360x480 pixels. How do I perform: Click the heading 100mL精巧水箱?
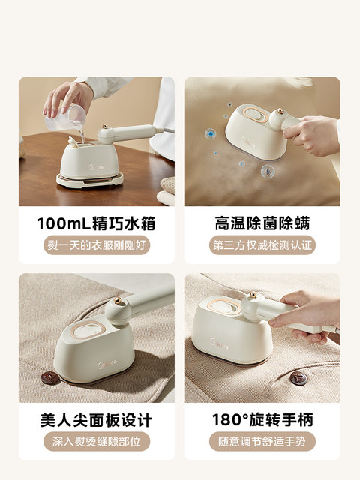(96, 223)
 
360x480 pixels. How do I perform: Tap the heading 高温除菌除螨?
(262, 223)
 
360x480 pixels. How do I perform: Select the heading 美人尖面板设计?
(97, 420)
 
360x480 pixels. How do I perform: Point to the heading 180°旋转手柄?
(262, 420)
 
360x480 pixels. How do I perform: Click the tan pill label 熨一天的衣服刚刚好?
(97, 245)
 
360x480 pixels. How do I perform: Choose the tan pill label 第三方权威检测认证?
(262, 245)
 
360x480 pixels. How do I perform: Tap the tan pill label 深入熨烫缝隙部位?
(97, 442)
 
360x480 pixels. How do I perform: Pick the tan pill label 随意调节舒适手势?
(262, 442)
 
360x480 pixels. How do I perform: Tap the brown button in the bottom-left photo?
(50, 378)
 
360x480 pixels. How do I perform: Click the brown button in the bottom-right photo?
(298, 378)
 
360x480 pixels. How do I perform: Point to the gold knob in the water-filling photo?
(105, 127)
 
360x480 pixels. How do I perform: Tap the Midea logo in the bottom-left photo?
(107, 364)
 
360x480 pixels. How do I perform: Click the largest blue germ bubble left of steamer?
(210, 133)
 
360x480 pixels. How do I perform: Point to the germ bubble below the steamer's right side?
(268, 172)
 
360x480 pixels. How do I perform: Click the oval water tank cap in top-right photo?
(255, 115)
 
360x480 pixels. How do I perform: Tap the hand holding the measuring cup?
(68, 98)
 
